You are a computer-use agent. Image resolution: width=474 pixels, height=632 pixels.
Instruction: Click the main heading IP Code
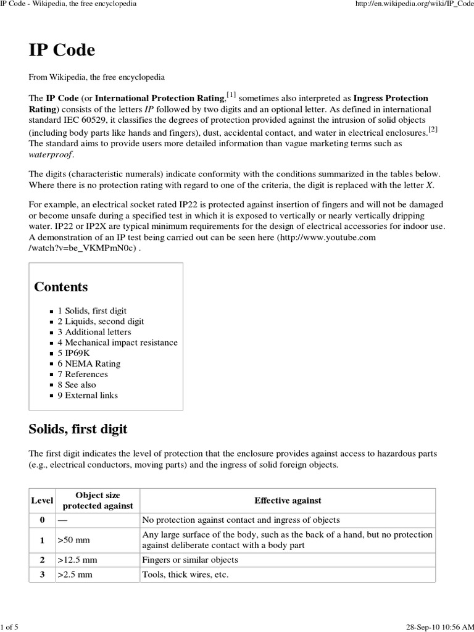pos(62,50)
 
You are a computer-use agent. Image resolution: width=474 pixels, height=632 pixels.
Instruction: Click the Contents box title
pos(61,287)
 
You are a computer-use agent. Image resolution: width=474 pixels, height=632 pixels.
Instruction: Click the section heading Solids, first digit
pos(78,428)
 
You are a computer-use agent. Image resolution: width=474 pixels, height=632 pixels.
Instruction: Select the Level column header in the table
pos(42,501)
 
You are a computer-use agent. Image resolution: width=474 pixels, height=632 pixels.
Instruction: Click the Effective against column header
pos(288,501)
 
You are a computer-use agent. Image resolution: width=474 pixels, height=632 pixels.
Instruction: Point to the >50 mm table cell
pos(73,540)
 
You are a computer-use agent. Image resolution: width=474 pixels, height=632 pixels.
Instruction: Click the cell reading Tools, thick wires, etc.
pos(185,575)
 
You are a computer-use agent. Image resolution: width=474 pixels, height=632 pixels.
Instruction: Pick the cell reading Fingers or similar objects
pos(190,560)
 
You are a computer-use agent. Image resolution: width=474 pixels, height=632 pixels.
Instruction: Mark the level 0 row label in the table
pos(42,520)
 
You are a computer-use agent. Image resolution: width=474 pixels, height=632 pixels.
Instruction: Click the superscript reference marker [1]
pos(231,94)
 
